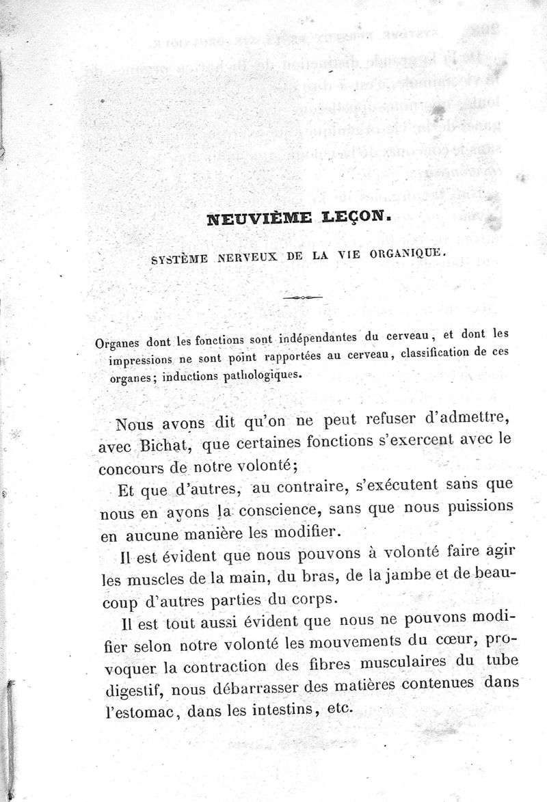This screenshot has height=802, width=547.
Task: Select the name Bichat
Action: (x=164, y=449)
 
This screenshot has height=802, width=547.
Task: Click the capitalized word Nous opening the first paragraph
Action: (x=134, y=425)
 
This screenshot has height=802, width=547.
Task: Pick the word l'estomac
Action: (x=132, y=710)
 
